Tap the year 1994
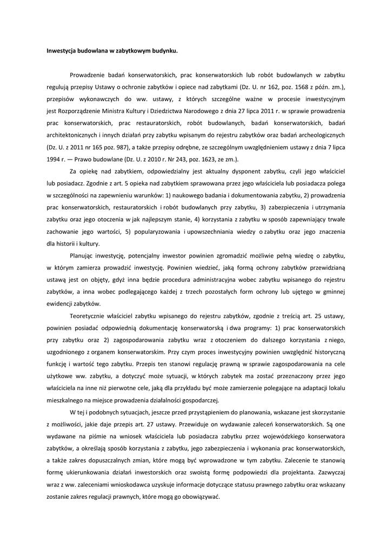(x=53, y=159)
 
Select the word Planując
(x=83, y=255)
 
